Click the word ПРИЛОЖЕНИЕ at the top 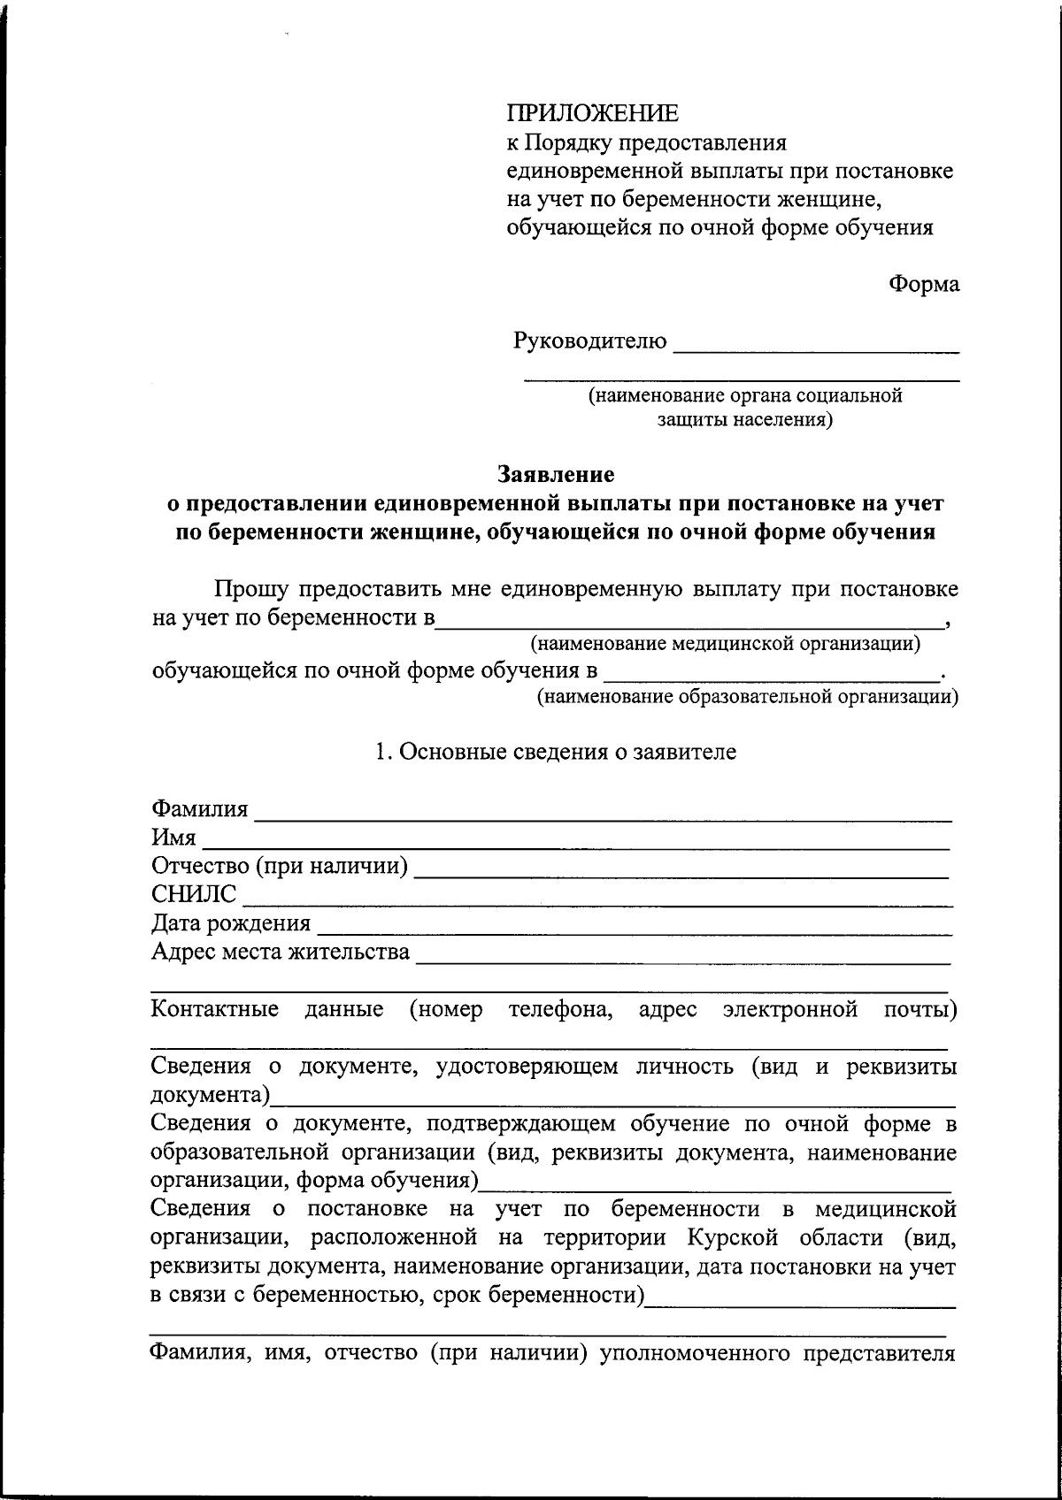(x=592, y=113)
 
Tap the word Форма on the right (x=924, y=284)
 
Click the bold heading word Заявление (x=555, y=475)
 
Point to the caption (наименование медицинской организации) (x=725, y=644)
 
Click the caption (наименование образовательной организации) (x=747, y=698)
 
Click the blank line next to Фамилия (x=603, y=815)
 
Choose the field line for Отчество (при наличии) (x=681, y=871)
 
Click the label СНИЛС (x=194, y=895)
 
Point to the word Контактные (x=215, y=1009)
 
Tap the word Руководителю (x=589, y=341)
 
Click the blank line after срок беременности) (x=800, y=1301)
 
